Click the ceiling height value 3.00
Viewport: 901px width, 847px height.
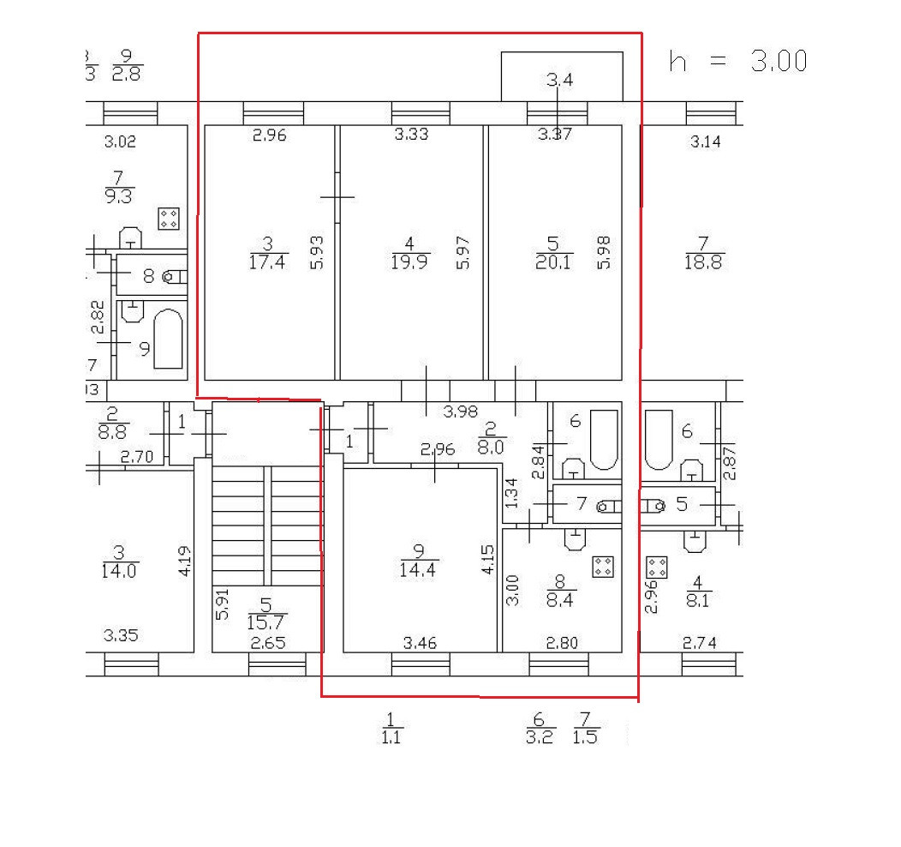(x=779, y=61)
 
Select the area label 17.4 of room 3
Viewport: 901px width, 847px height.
(x=268, y=261)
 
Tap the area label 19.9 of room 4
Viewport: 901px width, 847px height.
(x=409, y=262)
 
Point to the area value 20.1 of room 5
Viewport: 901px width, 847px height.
(x=552, y=262)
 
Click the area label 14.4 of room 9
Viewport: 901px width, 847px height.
(x=419, y=569)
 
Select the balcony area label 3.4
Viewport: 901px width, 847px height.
(x=559, y=81)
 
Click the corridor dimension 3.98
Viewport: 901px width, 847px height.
(x=461, y=411)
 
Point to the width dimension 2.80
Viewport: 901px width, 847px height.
(x=561, y=642)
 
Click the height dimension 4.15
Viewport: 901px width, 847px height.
(x=487, y=558)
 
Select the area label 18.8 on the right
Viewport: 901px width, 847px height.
(x=703, y=262)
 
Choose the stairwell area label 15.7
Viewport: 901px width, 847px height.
(x=266, y=621)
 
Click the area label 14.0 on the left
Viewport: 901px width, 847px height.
(x=119, y=571)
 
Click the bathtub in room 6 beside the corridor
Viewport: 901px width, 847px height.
(x=603, y=439)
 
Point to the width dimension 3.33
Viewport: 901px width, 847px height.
(x=411, y=135)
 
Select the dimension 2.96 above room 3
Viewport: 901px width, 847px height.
(x=269, y=135)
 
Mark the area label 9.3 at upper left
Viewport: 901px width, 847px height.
(x=119, y=196)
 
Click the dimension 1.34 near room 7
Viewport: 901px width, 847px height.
(x=511, y=493)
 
